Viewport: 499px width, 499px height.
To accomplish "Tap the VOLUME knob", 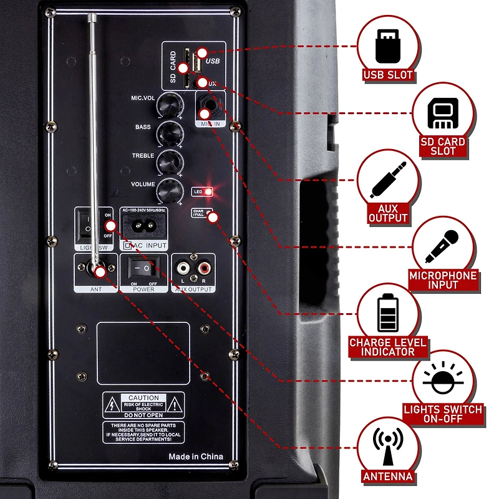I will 167,189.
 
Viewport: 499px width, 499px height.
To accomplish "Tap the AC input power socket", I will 143,229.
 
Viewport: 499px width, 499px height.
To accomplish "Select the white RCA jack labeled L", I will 184,269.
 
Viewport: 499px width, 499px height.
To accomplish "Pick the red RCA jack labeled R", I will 203,269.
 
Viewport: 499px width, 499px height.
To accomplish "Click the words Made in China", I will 195,457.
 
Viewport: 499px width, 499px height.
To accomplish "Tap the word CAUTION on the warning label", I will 143,398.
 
